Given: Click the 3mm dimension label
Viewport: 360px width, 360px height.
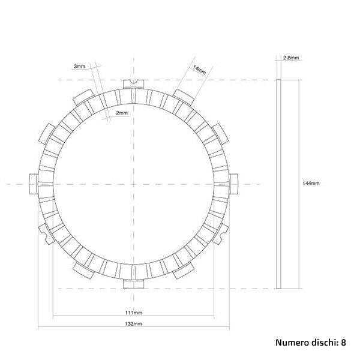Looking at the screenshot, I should pos(78,66).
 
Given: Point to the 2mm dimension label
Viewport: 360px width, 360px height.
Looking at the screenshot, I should pos(121,113).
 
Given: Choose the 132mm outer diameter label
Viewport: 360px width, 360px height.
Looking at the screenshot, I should pos(134,323).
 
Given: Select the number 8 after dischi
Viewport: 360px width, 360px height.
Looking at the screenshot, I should pos(343,343).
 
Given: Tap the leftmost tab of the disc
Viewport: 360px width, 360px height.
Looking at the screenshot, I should pos(34,182).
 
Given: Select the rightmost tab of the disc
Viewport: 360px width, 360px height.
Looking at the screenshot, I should pos(233,182).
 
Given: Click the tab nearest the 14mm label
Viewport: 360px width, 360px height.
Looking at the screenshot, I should pos(183,95).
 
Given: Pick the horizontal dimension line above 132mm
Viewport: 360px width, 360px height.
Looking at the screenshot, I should pos(134,328).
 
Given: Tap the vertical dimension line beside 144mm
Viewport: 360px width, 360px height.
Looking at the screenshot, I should pos(298,183).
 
